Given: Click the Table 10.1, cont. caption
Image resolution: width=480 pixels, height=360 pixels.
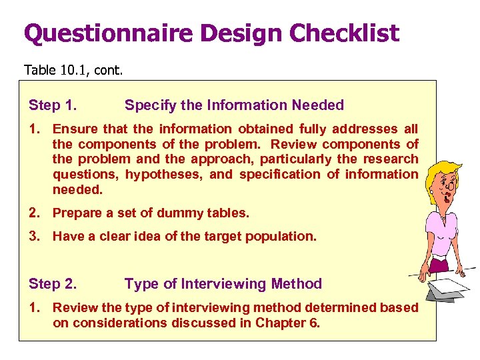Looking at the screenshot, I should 73,69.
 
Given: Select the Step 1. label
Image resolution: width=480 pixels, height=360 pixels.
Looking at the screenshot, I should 52,105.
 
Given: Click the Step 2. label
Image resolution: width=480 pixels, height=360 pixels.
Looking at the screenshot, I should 52,284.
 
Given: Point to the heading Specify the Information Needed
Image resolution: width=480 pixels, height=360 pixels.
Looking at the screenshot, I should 234,105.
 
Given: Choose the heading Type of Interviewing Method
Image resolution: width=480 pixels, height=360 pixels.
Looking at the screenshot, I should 223,284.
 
